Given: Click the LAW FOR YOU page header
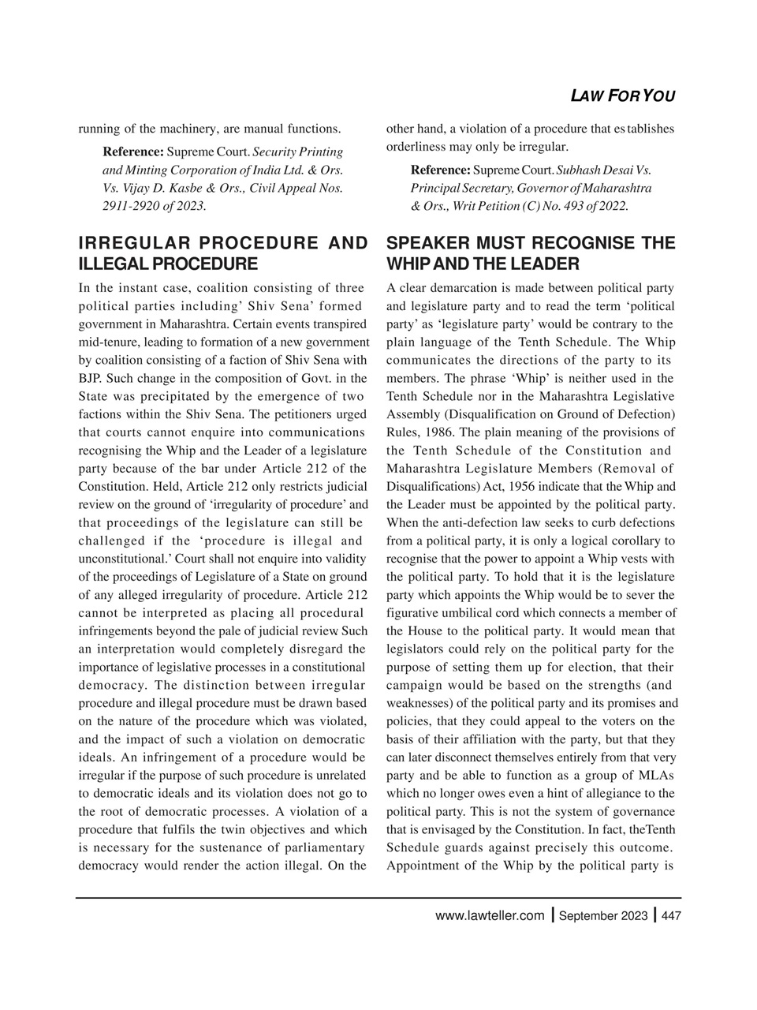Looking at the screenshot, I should click(x=622, y=96).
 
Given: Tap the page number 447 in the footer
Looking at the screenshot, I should click(x=671, y=916).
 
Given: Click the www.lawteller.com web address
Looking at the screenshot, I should click(x=490, y=916).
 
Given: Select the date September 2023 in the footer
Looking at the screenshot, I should click(x=603, y=916).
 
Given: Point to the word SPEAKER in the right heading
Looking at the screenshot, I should click(x=428, y=243).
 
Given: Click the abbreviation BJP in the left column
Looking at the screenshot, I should click(x=91, y=379).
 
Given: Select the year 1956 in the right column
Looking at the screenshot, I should click(x=539, y=487).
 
